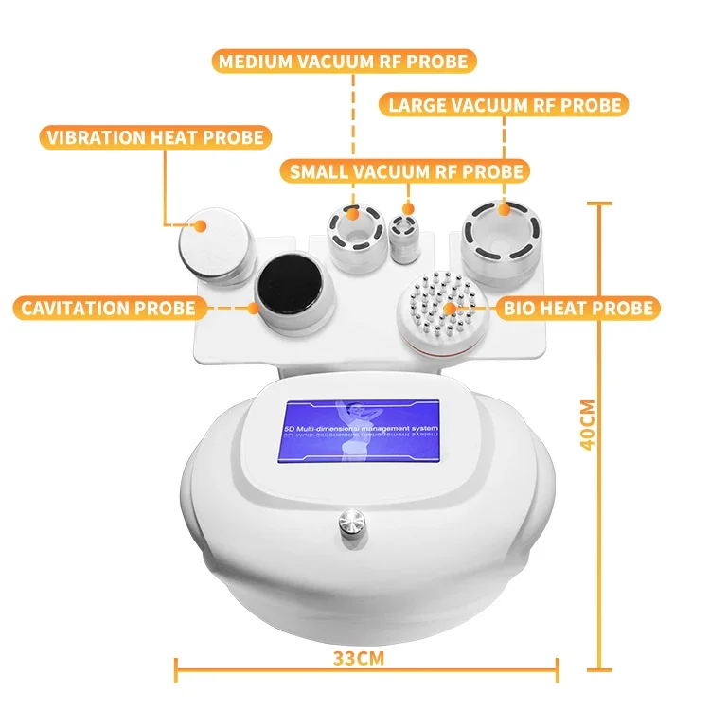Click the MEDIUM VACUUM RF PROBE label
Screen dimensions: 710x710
click(343, 62)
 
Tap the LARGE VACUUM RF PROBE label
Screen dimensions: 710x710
click(504, 104)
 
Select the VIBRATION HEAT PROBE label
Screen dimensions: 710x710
click(154, 137)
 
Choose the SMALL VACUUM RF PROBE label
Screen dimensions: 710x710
click(405, 171)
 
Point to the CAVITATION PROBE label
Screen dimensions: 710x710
click(110, 308)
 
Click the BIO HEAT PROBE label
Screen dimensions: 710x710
click(578, 308)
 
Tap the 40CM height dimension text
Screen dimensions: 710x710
click(587, 427)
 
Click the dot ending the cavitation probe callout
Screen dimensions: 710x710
click(253, 307)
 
